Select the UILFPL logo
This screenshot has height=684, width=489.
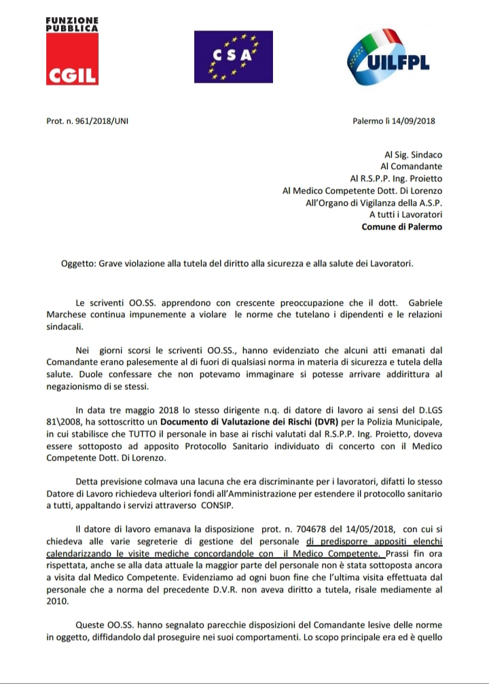[392, 60]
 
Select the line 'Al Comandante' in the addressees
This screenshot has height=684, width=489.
[411, 166]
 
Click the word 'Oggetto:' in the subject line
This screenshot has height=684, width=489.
[78, 264]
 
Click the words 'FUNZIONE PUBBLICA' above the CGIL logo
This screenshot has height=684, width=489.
[71, 24]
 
